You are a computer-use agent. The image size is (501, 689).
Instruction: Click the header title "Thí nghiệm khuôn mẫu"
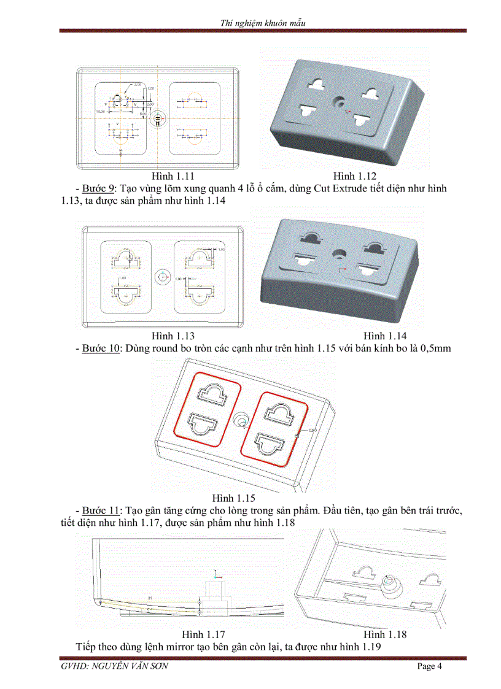click(x=263, y=23)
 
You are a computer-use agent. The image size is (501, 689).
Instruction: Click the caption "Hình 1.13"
click(x=174, y=336)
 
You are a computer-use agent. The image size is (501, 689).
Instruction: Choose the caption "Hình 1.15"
click(x=234, y=498)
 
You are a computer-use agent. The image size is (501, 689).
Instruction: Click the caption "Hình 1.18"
click(x=385, y=634)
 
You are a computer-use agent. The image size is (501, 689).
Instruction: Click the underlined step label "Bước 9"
click(x=99, y=189)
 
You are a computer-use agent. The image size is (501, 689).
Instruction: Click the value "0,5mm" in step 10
click(x=435, y=348)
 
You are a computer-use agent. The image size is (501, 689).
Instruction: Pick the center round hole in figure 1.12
click(x=338, y=101)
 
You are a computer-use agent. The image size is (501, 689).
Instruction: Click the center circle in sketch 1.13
click(x=163, y=277)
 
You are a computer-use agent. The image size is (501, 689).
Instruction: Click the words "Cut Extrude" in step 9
click(x=340, y=189)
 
